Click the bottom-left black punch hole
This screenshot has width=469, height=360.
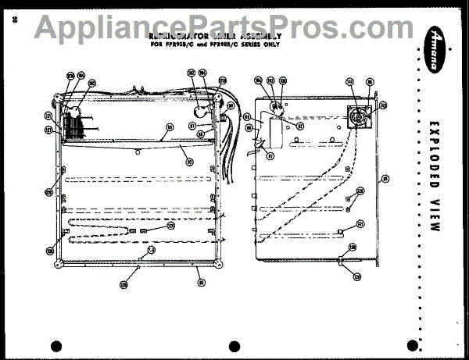[55, 346]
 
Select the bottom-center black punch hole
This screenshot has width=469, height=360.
[233, 346]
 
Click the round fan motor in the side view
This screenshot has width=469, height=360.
[358, 115]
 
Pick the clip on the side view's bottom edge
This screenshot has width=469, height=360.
[342, 259]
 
